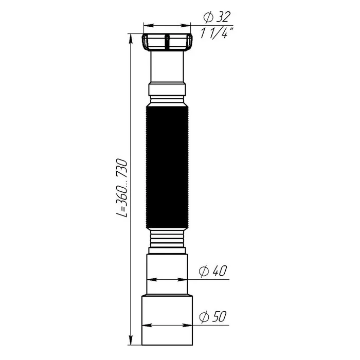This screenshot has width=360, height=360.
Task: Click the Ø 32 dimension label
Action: tap(217, 17)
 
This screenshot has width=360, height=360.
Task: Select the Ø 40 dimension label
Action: tap(213, 271)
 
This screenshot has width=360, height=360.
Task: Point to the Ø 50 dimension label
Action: tap(213, 317)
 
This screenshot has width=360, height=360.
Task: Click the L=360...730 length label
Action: tap(121, 188)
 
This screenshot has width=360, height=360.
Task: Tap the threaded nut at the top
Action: tap(167, 42)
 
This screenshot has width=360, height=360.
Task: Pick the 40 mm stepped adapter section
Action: tap(167, 275)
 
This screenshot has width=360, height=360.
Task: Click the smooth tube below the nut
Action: tap(167, 67)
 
